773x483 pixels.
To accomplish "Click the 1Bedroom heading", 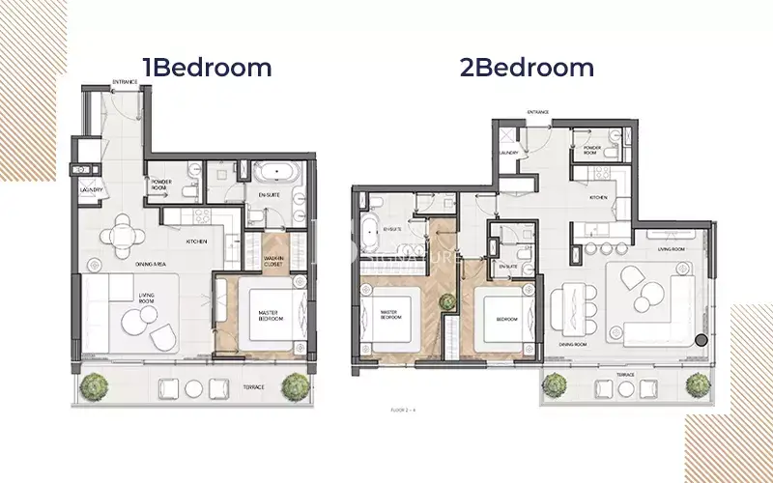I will pos(207,67).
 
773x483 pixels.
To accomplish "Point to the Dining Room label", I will pos(575,343).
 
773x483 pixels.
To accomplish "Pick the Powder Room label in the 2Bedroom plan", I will pos(591,149).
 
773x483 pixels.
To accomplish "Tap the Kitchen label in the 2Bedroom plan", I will pos(598,197).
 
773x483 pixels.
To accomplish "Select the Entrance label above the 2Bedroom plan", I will pos(538,113).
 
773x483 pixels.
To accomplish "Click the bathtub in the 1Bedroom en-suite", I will pos(278,174).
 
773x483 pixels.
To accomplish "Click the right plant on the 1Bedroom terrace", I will pos(296,385).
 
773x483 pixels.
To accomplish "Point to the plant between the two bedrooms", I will pos(446,303).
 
